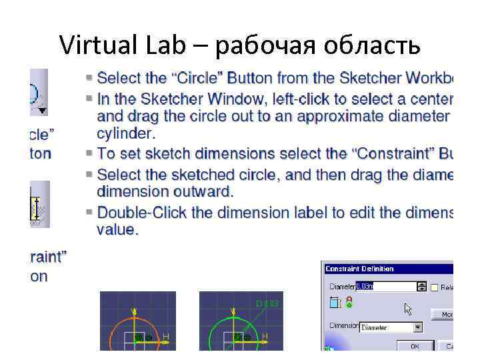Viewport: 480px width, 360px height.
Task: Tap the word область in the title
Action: (x=373, y=45)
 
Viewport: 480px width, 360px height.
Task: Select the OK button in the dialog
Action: (x=415, y=346)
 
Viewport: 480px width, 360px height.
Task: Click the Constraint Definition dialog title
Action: (x=359, y=269)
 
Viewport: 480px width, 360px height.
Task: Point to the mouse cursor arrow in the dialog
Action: (x=408, y=309)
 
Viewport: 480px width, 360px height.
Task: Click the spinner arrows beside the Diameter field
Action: (x=421, y=287)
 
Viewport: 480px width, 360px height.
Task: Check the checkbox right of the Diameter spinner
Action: (x=434, y=287)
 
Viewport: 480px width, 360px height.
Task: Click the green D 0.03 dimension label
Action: (x=267, y=304)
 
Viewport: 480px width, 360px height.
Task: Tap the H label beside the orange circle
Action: (x=166, y=335)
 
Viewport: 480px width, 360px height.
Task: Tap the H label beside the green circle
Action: (x=265, y=335)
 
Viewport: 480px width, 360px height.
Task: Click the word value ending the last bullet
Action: (x=117, y=230)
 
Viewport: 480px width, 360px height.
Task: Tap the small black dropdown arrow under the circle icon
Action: (x=43, y=110)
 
